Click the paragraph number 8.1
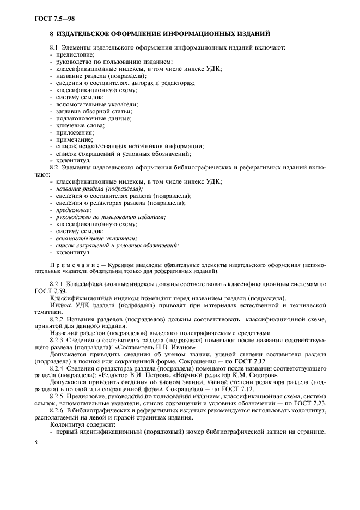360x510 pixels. pos(54,48)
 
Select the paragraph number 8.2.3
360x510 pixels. pos(57,340)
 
